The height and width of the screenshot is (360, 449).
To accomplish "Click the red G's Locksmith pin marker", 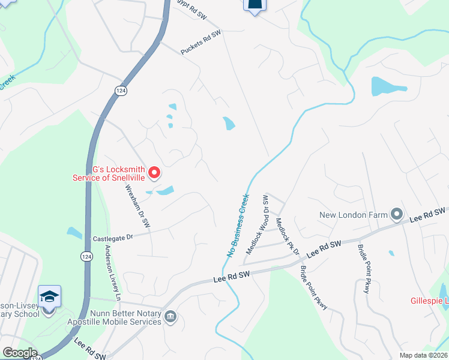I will pyautogui.click(x=154, y=173).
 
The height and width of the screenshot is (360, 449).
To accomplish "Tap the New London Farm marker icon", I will pyautogui.click(x=397, y=214).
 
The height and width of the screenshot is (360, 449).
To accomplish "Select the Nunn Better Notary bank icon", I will pyautogui.click(x=170, y=316).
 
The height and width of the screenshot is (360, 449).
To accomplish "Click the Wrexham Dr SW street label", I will pyautogui.click(x=137, y=205).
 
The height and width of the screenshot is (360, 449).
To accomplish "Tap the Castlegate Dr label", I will pyautogui.click(x=112, y=238).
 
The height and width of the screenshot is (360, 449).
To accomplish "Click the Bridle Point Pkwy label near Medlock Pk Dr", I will pyautogui.click(x=313, y=287).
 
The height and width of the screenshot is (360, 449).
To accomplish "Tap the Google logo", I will pyautogui.click(x=19, y=353).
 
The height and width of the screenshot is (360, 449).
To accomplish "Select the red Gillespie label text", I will pyautogui.click(x=430, y=300).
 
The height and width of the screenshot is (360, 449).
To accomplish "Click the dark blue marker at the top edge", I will pyautogui.click(x=255, y=6).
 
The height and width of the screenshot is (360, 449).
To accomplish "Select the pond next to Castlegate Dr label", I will pyautogui.click(x=74, y=232).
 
